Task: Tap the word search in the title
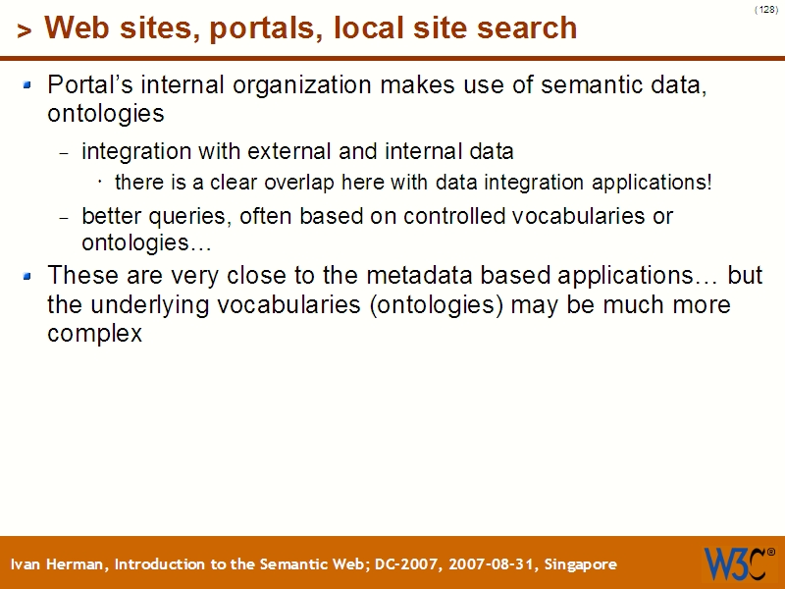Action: pos(527,28)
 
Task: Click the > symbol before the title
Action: pos(24,31)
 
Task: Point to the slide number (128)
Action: pos(766,9)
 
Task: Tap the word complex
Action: pos(94,334)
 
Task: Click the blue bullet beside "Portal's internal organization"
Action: pos(28,84)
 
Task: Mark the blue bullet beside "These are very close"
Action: pos(28,276)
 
